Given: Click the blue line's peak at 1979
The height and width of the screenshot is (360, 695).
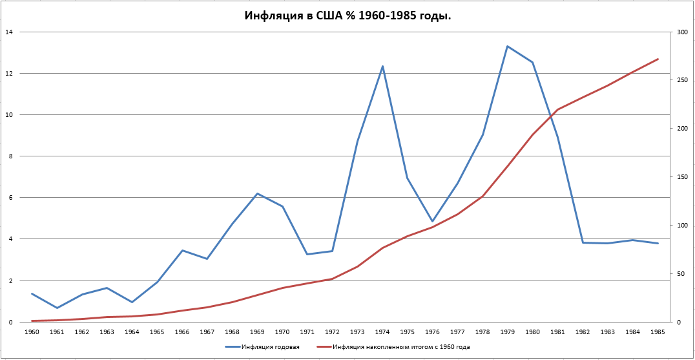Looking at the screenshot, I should (x=508, y=46).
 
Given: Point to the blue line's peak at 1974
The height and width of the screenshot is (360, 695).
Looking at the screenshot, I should (x=382, y=66).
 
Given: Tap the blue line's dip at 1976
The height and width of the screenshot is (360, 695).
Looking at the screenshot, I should (x=433, y=222).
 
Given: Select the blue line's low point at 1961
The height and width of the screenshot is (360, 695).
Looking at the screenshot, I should (x=57, y=308).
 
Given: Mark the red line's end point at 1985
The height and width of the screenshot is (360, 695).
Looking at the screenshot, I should (x=658, y=59).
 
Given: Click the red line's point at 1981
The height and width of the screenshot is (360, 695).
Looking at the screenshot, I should (x=557, y=109).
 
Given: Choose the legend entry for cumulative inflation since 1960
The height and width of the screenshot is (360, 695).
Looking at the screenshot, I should (x=401, y=347).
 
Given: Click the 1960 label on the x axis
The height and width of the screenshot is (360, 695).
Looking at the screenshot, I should (x=32, y=332).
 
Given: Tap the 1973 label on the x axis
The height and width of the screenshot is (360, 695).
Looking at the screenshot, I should (x=357, y=332).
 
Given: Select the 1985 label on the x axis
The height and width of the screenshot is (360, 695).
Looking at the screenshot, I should (x=658, y=332).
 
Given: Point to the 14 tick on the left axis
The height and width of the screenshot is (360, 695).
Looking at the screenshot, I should (x=8, y=32).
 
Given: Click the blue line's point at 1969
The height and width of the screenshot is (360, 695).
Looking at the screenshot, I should (x=257, y=193).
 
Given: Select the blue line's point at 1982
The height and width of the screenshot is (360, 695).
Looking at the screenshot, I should (x=583, y=242).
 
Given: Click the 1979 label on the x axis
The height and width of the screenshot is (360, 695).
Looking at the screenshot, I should (x=508, y=332).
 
